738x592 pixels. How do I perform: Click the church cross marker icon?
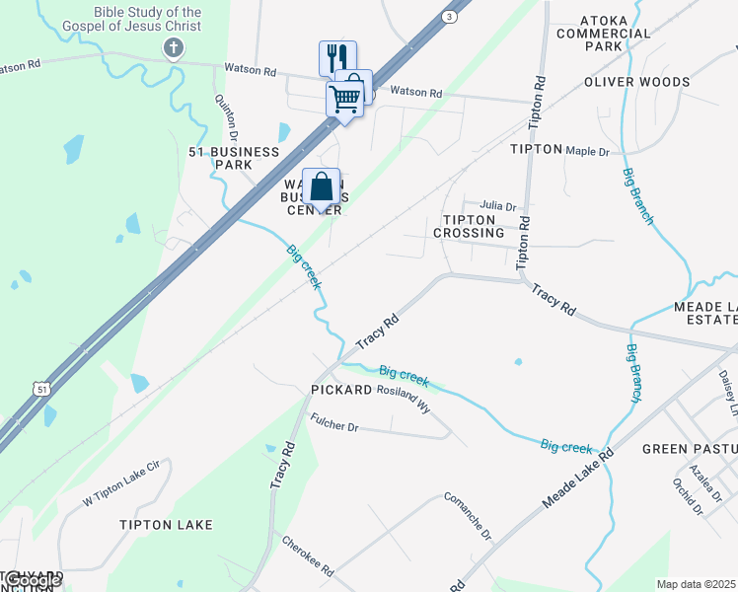coord(174,48)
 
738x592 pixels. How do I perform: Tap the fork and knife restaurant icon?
coord(336,57)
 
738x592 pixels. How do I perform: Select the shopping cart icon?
coord(344,99)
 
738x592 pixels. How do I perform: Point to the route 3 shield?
coord(450,17)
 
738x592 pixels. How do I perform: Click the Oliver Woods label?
coord(636,81)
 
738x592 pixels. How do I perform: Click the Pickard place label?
coord(340,390)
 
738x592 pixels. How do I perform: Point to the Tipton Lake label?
coord(166,525)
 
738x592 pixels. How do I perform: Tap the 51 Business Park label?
coord(235,158)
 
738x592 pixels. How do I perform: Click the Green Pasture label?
coord(689,449)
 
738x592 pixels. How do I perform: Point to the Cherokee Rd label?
coord(308,557)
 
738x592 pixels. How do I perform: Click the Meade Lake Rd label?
coord(578,479)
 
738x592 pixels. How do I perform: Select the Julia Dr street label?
coord(498,206)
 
